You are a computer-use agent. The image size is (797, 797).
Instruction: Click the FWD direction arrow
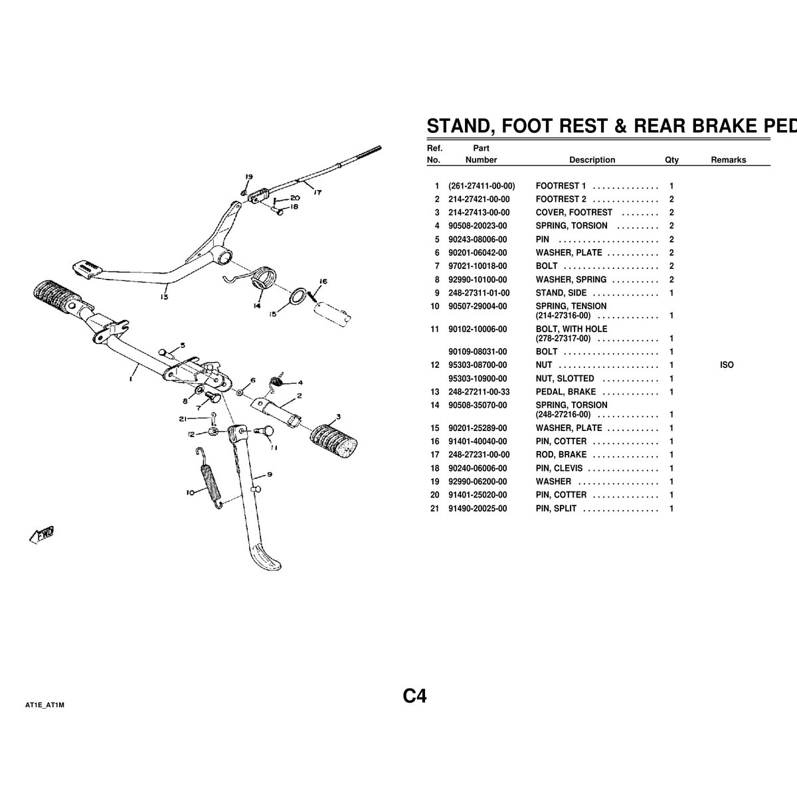(42, 535)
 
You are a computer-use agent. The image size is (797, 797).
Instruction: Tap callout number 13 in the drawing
(164, 296)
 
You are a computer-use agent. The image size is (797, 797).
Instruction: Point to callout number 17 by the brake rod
(317, 192)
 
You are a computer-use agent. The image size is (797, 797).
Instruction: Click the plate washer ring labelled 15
(298, 296)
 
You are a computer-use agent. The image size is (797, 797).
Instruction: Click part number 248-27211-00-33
(479, 392)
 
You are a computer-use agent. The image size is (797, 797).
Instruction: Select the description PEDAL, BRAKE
(565, 392)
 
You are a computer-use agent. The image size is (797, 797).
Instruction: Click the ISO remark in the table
(727, 365)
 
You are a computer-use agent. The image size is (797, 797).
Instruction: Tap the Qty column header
(671, 159)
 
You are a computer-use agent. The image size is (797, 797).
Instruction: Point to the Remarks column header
(729, 159)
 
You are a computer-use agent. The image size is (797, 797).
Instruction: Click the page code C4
(414, 696)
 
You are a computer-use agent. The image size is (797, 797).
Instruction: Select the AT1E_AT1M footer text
(44, 705)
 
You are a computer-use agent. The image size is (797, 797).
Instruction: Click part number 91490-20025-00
(478, 508)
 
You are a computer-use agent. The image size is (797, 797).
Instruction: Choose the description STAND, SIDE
(561, 293)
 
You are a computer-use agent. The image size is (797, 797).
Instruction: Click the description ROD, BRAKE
(561, 454)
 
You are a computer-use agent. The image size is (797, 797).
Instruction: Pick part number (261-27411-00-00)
(482, 186)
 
